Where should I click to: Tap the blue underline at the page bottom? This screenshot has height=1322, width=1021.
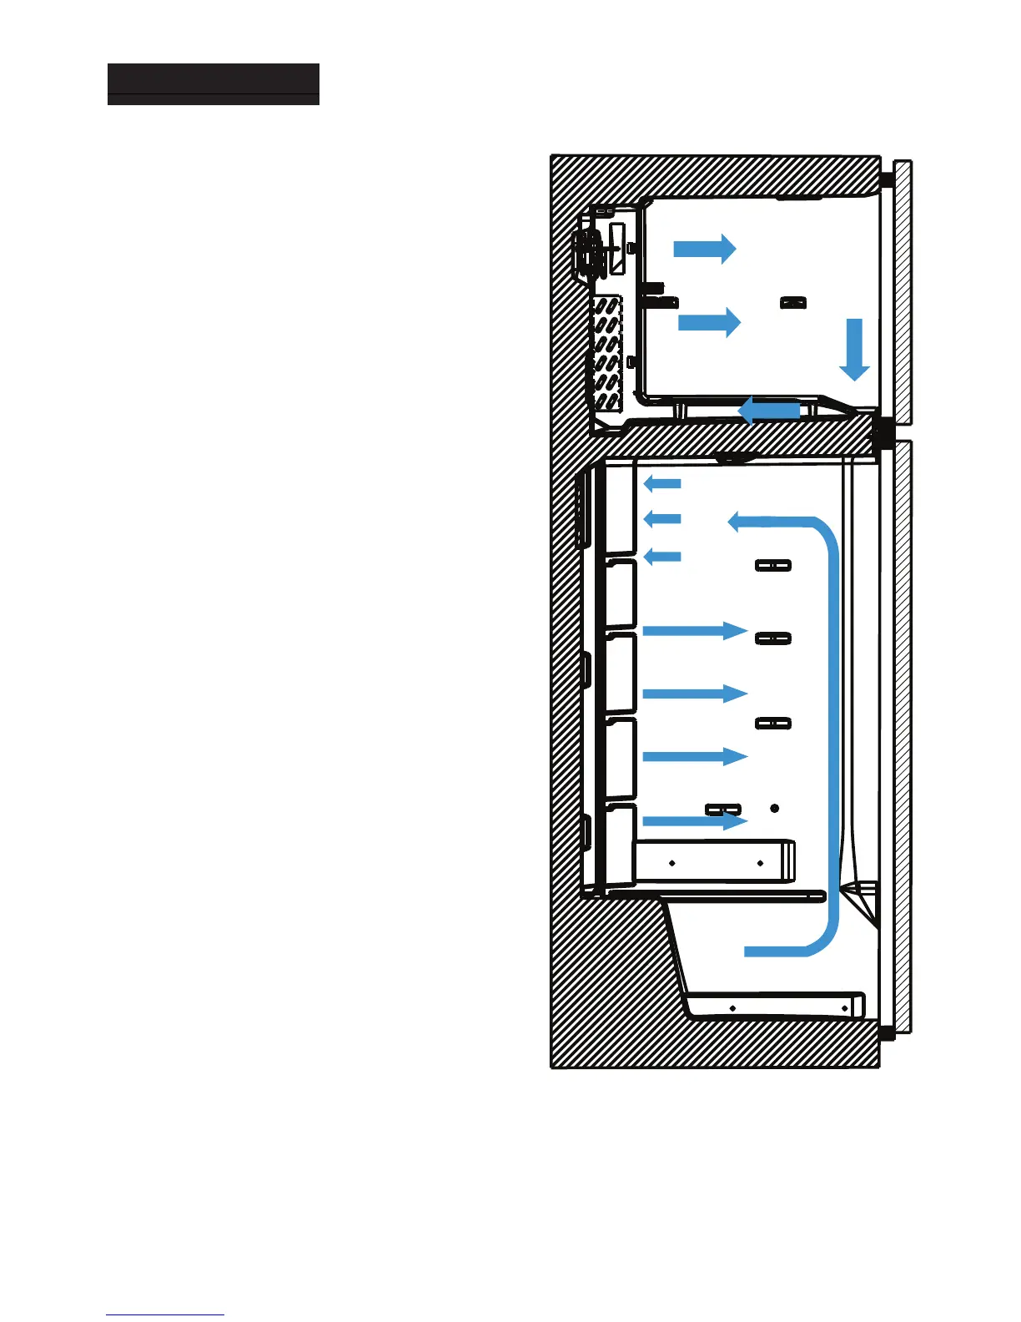tap(165, 1314)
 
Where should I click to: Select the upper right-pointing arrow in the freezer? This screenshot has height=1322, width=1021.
tap(704, 248)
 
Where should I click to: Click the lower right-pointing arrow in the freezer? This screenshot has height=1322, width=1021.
tap(709, 322)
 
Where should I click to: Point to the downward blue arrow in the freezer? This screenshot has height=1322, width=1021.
tap(854, 349)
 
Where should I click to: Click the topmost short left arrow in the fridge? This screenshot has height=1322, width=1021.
tap(662, 483)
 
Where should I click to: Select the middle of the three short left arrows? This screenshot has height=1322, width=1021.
tap(662, 519)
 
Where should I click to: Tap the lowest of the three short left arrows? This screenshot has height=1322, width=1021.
tap(662, 556)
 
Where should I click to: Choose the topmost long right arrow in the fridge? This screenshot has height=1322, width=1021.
tap(694, 631)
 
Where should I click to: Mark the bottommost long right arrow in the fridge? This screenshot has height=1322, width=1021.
tap(694, 821)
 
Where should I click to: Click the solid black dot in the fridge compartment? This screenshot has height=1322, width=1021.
tap(774, 808)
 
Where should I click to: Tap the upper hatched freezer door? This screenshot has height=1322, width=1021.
tap(903, 292)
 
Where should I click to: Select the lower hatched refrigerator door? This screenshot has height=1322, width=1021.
tap(903, 734)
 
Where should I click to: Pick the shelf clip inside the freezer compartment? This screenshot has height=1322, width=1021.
tap(792, 303)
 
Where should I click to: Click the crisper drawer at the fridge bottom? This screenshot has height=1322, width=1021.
tap(776, 1006)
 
